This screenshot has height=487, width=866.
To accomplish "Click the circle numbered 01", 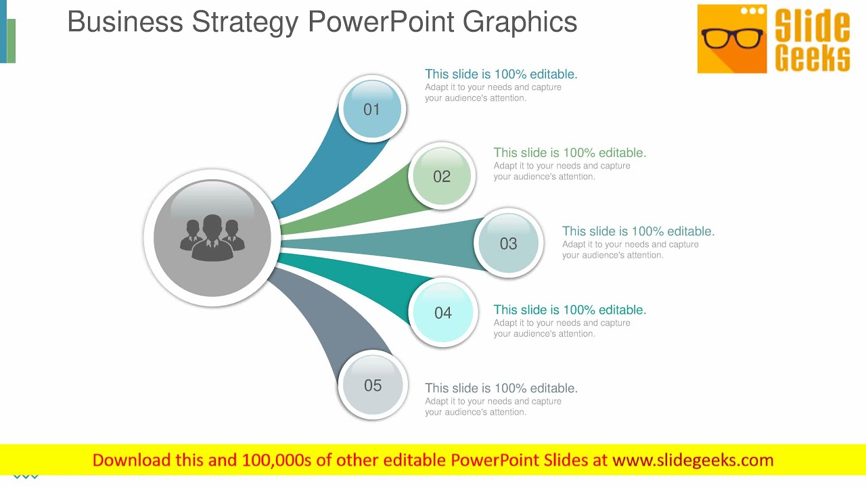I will [372, 109].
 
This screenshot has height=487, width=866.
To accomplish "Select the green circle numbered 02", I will [442, 176].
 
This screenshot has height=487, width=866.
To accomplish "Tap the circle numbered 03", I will [508, 243].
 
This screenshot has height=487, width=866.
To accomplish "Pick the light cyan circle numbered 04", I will [443, 312].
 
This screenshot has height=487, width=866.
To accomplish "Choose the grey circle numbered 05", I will [373, 386].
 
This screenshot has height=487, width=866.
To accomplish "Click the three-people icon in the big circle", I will [212, 237].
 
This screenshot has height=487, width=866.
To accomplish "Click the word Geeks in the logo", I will [812, 58].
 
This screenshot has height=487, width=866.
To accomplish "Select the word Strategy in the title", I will [245, 22].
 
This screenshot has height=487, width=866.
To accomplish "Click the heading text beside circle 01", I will [501, 74].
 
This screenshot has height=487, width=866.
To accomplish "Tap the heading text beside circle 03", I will [638, 231].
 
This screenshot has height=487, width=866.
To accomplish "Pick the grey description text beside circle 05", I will [493, 407].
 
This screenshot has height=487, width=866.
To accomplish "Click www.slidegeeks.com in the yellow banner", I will [693, 461].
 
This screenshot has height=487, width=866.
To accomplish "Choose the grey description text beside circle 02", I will [562, 171].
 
